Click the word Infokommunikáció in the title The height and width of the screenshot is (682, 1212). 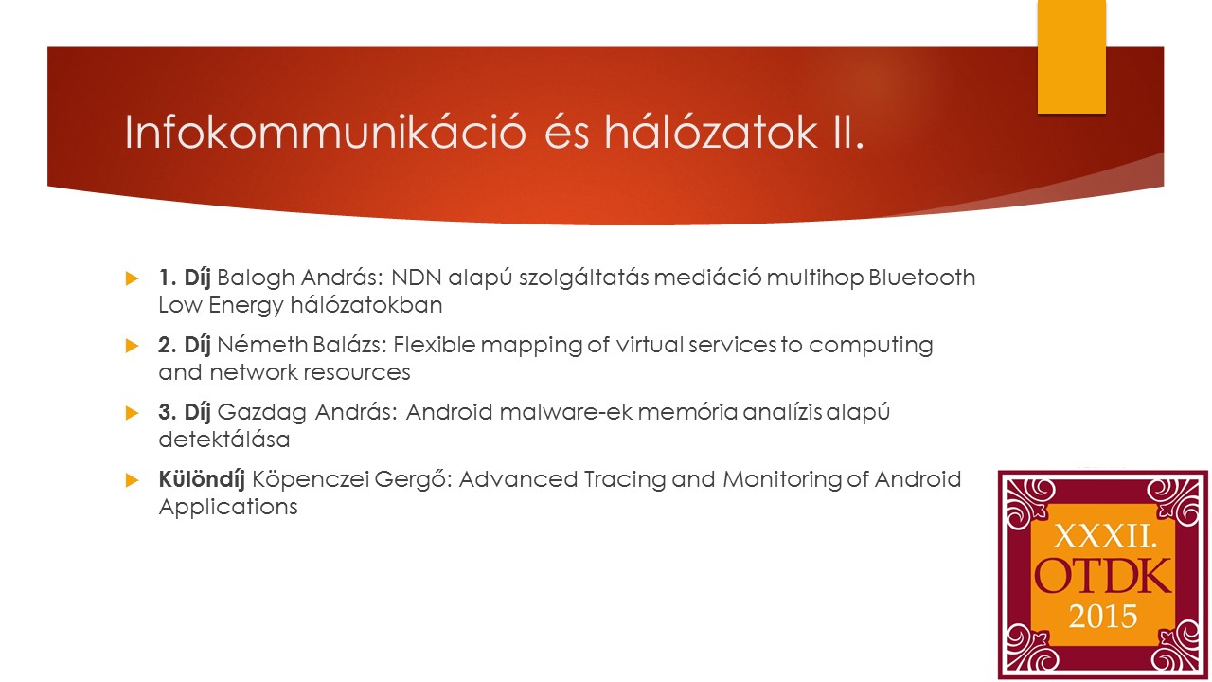[325, 132]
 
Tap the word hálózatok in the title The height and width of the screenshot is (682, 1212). [711, 132]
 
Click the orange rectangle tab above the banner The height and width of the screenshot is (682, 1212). [1071, 57]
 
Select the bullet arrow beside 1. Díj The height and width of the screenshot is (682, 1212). [132, 278]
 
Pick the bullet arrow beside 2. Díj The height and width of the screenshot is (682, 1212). [132, 346]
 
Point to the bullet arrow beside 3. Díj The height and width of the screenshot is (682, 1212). [132, 413]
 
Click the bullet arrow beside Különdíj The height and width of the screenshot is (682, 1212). [132, 480]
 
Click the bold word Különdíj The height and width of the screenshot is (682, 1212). [202, 480]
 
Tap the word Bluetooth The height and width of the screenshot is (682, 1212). [922, 278]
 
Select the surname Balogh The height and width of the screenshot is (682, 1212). [256, 278]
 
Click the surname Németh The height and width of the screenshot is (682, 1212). [262, 345]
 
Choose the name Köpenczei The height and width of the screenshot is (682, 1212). [310, 480]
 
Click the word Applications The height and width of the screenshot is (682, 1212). [228, 508]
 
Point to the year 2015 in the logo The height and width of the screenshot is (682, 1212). [1103, 617]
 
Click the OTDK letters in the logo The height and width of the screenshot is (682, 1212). [1103, 577]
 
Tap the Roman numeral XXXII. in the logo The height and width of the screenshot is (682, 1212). [1105, 537]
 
